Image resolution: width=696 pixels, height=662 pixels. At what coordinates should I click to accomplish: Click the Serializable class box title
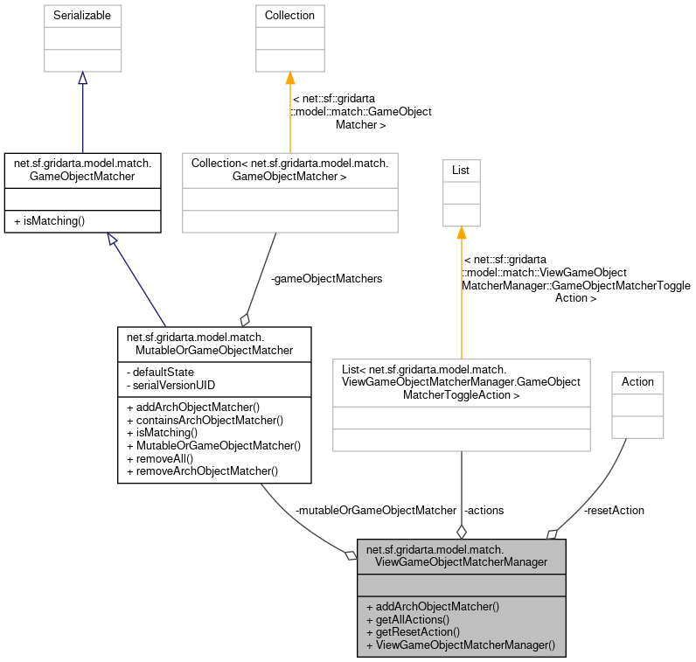point(82,16)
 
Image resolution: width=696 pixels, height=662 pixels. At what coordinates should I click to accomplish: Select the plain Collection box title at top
point(290,16)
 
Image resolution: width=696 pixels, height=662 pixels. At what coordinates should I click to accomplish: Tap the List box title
point(461,170)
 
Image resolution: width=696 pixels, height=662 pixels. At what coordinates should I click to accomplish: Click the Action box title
point(637,381)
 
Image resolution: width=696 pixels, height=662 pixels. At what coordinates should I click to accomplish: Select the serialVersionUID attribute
point(173,385)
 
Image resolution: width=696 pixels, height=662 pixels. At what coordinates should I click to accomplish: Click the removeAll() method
point(163,457)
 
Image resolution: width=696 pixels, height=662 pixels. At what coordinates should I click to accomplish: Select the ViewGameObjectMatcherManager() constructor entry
point(461,645)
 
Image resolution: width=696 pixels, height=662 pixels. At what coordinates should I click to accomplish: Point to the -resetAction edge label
point(613,510)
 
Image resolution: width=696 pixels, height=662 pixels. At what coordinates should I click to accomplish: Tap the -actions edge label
point(484,510)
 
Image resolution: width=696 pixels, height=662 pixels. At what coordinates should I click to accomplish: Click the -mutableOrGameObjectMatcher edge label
point(376,510)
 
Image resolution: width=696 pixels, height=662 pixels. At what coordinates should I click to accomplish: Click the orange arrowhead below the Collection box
point(290,80)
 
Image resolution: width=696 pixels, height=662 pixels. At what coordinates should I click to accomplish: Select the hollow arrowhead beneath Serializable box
point(82,79)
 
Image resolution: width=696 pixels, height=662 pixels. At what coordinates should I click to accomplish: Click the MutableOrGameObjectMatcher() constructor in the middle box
point(213,445)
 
